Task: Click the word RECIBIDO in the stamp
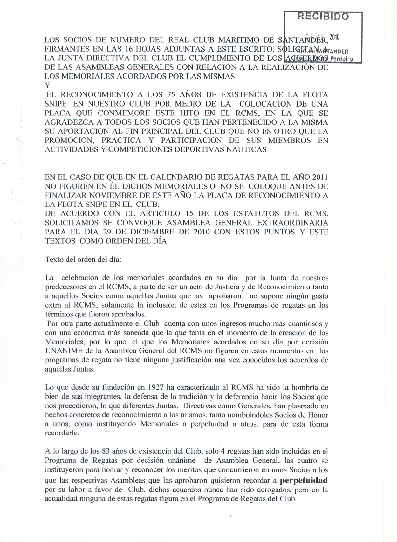coord(323,16)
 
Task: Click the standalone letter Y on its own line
coord(48,85)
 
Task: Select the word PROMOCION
coord(69,140)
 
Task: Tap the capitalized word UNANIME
coord(63,351)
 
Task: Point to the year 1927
coord(155,388)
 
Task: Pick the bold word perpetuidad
coord(304,480)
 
